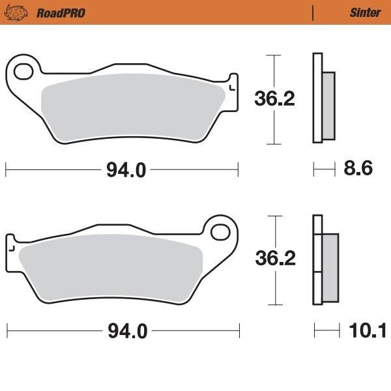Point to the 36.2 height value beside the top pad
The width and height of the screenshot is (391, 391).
tap(274, 99)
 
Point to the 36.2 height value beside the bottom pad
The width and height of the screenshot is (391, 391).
tap(274, 259)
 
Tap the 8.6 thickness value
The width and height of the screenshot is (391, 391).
tap(358, 169)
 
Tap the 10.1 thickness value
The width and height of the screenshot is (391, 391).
tap(368, 331)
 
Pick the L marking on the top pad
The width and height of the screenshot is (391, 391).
tap(232, 85)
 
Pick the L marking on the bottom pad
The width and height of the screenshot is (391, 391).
tap(11, 248)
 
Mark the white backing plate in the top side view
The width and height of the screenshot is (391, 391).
tap(317, 98)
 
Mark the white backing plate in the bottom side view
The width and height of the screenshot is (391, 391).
tap(317, 261)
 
